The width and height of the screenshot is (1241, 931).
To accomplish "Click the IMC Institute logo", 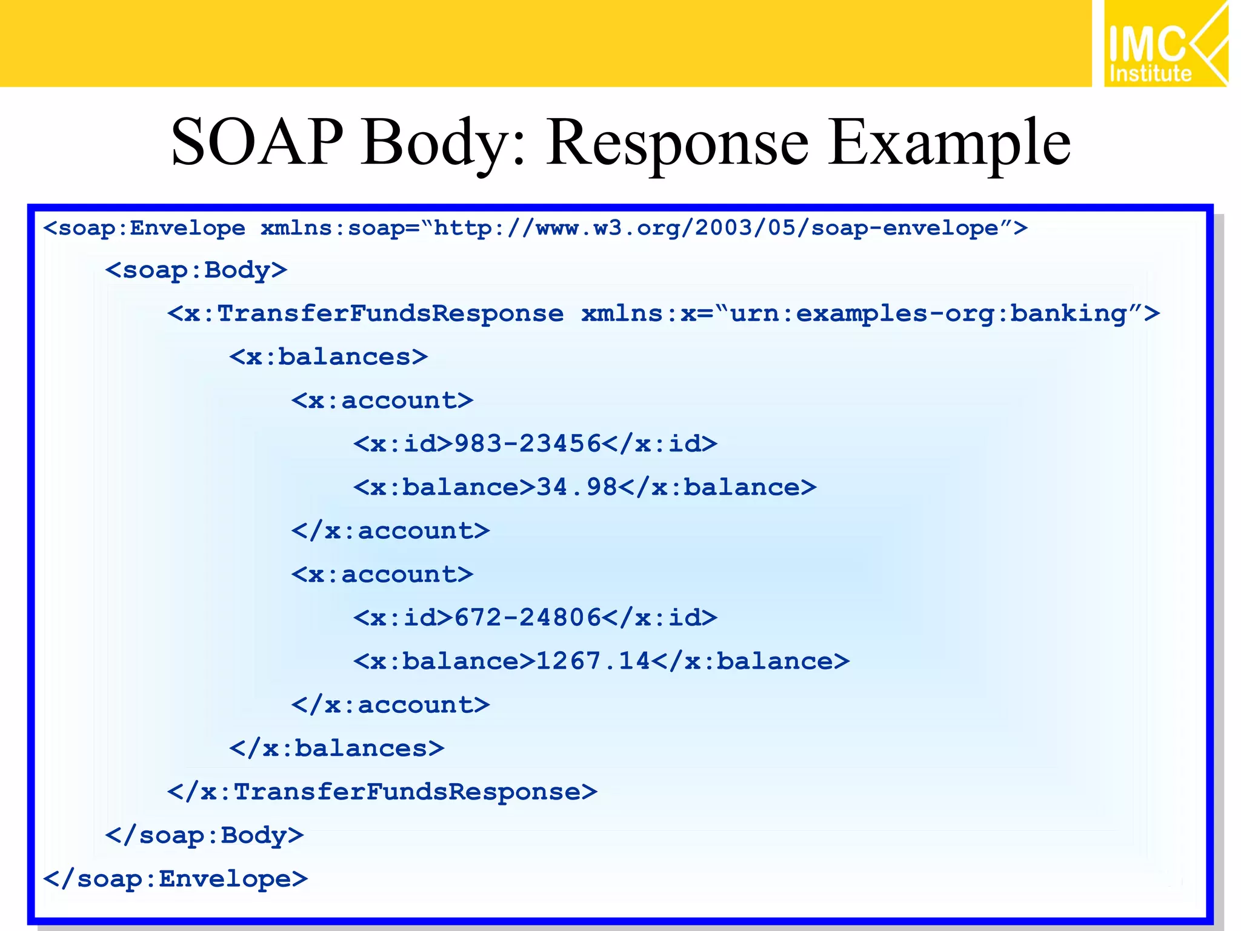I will [x=1165, y=44].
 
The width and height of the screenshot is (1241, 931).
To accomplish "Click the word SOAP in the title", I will [x=257, y=142].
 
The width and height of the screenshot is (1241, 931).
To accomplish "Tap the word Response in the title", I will [x=677, y=142].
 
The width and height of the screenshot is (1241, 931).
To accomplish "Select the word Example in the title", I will [x=949, y=142].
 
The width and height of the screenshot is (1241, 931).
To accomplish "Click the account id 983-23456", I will [x=527, y=444].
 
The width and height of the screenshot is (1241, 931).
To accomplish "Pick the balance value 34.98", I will [x=576, y=487].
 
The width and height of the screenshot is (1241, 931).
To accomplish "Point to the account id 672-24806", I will [x=527, y=618].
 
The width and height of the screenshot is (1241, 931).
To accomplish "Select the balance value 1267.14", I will [x=593, y=661].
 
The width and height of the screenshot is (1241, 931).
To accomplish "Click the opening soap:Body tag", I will [x=196, y=270].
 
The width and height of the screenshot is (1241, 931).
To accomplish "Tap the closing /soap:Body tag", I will [x=204, y=835].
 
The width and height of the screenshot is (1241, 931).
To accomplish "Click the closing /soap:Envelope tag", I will [x=176, y=879].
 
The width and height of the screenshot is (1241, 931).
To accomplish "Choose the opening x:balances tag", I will [x=328, y=357].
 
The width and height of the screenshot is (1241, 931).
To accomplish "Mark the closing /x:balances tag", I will [x=337, y=749].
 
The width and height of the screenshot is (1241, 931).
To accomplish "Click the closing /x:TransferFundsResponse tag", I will [x=382, y=792].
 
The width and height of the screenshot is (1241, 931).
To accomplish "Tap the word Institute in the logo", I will [x=1150, y=74].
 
